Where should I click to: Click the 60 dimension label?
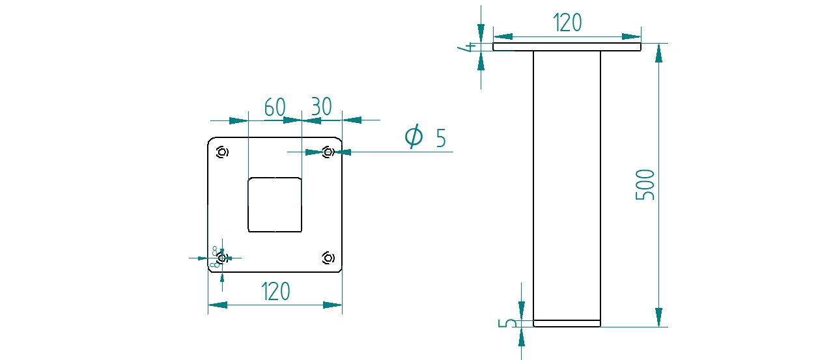[x=275, y=107]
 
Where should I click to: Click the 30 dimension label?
[x=321, y=107]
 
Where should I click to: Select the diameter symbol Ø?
[x=414, y=137]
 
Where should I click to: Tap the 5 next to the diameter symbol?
[x=441, y=139]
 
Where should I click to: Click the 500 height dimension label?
[x=645, y=185]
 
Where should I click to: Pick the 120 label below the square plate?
[x=275, y=292]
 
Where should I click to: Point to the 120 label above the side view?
[x=567, y=23]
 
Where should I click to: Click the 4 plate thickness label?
[x=467, y=47]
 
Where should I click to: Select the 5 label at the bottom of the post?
[x=511, y=324]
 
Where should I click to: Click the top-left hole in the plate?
[x=222, y=152]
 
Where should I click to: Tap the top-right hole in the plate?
[x=329, y=152]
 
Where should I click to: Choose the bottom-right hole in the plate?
[x=329, y=258]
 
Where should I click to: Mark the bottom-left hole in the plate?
[x=222, y=258]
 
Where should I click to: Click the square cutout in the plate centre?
[x=275, y=204]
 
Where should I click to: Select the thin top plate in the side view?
[x=567, y=47]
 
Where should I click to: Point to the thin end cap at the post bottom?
[x=567, y=323]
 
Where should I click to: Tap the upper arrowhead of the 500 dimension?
[x=659, y=53]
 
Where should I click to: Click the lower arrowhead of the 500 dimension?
[x=659, y=317]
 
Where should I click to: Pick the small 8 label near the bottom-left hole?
[x=215, y=249]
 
